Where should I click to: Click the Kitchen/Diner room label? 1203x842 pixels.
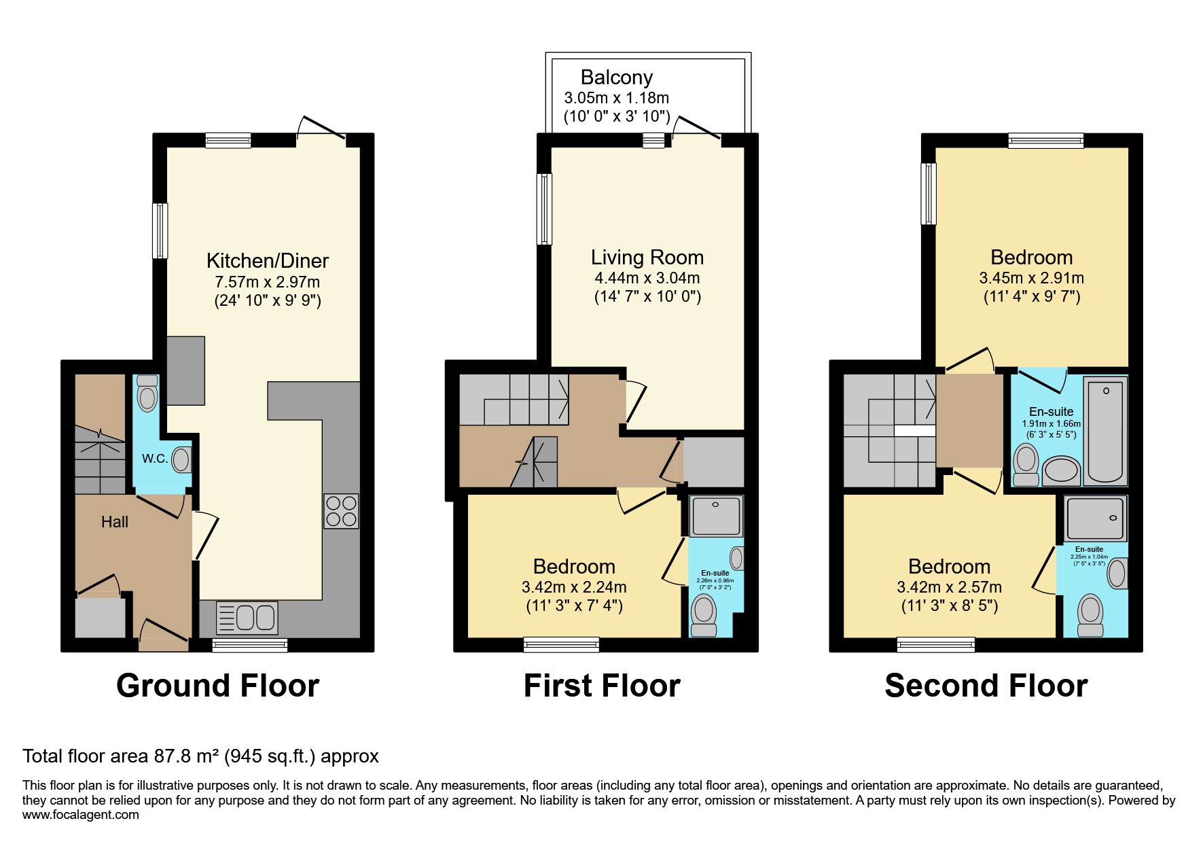[267, 260]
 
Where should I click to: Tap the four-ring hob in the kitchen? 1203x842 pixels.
[341, 511]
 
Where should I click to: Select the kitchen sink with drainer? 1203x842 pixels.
[247, 618]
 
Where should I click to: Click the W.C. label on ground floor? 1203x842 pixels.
[154, 459]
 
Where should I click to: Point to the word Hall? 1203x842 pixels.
[114, 522]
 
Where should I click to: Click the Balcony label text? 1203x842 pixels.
[616, 77]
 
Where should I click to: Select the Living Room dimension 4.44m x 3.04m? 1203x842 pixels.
[647, 278]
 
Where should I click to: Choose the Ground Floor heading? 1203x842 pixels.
[217, 686]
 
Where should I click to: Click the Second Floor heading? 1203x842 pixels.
[986, 686]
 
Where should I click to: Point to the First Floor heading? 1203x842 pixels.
[601, 686]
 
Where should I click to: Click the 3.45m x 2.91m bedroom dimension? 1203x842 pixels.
[1031, 278]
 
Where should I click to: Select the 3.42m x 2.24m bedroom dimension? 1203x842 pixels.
[574, 587]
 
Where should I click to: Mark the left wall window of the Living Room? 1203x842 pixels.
[544, 209]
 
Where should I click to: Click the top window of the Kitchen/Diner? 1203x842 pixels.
[228, 141]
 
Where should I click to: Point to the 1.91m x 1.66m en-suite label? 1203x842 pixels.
[1051, 423]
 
